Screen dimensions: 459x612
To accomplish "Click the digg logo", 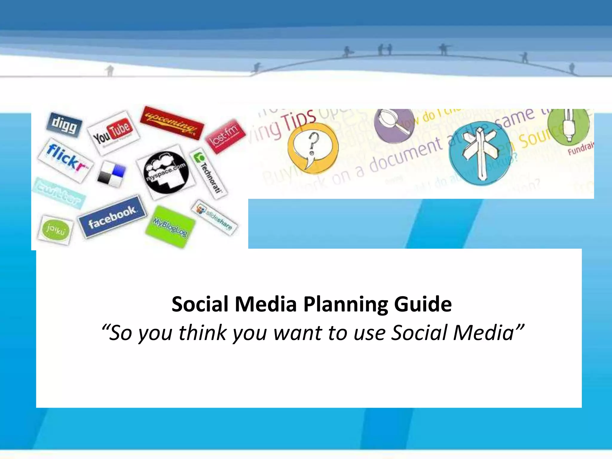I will (64, 125).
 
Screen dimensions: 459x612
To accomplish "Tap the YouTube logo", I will (113, 133).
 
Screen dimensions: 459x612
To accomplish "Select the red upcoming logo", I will (172, 123).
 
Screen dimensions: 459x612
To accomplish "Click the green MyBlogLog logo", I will (170, 227).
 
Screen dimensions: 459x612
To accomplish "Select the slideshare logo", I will (215, 217).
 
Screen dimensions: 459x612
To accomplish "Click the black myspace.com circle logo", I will (166, 172).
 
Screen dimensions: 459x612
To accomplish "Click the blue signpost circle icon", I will (480, 153).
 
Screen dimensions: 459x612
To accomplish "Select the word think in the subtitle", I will (203, 333).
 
